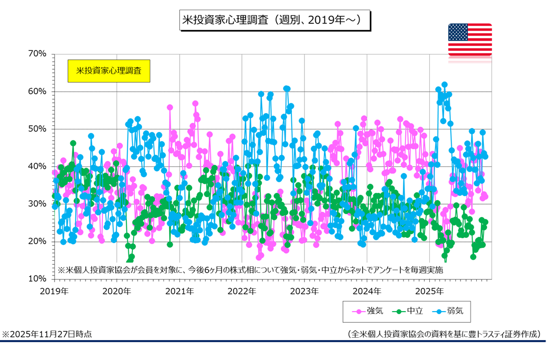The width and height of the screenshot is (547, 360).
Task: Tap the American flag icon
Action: [x=470, y=40]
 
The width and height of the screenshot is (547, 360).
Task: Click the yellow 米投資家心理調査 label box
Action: [x=108, y=71]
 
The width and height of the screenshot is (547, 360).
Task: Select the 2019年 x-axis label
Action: [x=54, y=292]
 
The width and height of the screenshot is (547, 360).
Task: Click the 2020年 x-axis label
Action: [x=117, y=292]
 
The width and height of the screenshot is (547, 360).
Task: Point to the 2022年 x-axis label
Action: [x=241, y=292]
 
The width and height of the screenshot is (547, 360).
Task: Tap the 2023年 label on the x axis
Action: [x=304, y=292]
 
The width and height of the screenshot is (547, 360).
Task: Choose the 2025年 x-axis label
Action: [x=429, y=292]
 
